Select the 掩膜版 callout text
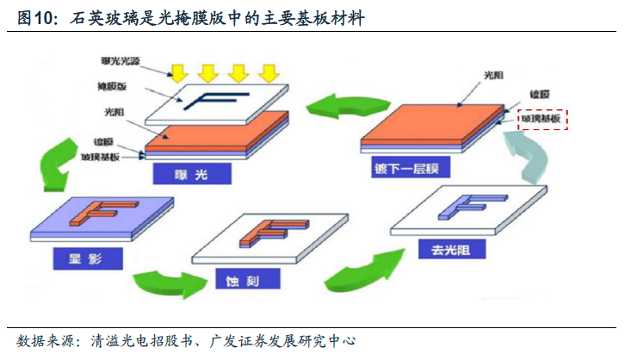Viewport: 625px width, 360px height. (x=114, y=86)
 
